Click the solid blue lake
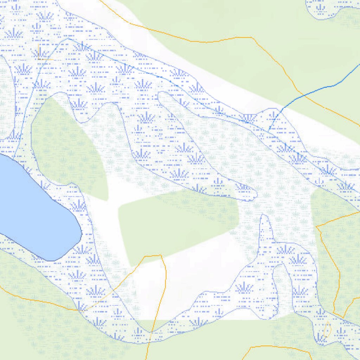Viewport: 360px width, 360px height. point(32,207)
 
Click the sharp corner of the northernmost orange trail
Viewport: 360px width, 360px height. point(252,37)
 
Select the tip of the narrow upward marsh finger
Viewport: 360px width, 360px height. point(264,217)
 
